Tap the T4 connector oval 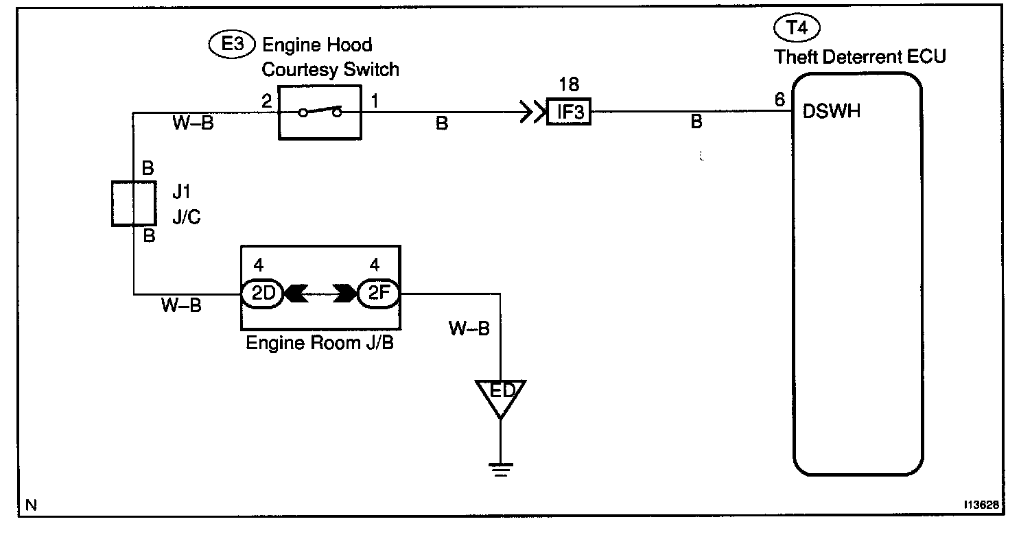coord(797,28)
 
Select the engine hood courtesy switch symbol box coord(320,112)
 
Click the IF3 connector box coord(569,112)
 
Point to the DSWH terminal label coord(831,111)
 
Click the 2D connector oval coord(262,294)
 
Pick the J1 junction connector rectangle coord(132,204)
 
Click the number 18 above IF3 coord(569,85)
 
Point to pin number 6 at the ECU coord(779,100)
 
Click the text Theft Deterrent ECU coord(860,56)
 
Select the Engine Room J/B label coord(319,342)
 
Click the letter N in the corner coord(31,506)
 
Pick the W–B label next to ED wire coord(469,328)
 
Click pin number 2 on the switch coord(267,101)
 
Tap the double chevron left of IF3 coord(531,112)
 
